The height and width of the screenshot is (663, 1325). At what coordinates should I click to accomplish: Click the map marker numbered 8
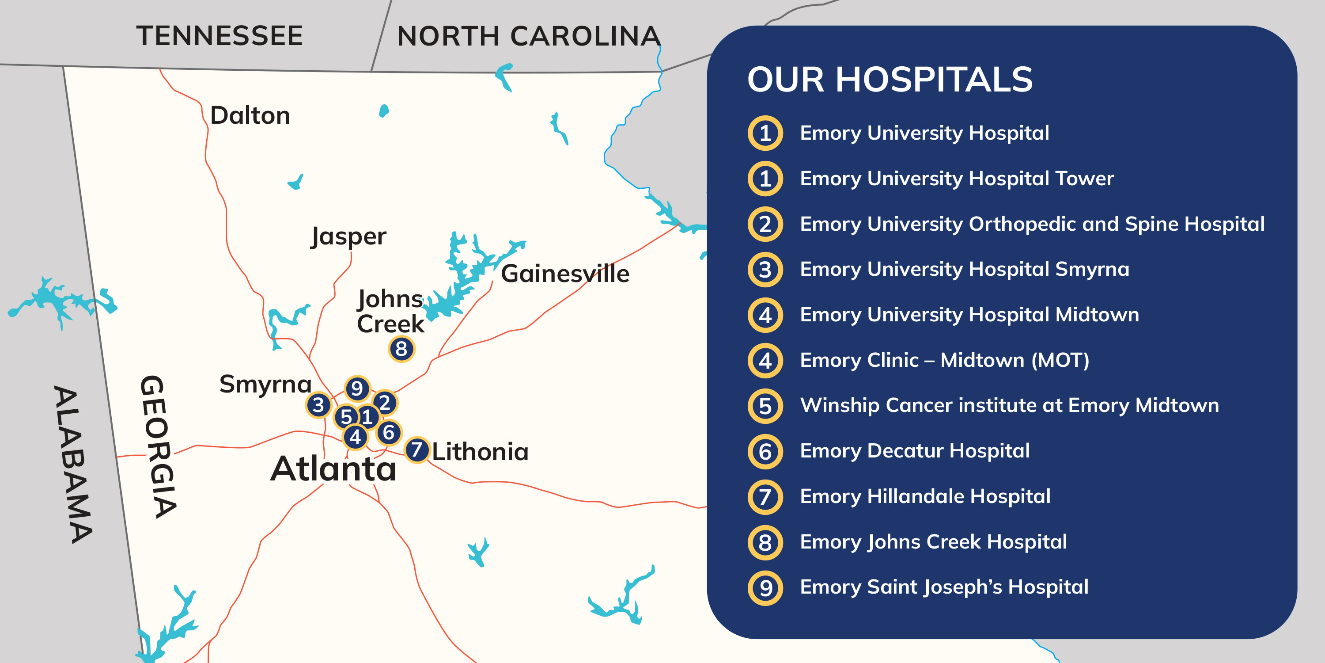point(401,349)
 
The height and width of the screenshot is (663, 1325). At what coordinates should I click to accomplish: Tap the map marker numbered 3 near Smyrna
point(318,405)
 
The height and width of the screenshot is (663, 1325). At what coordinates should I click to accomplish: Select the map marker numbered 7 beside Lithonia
point(416,450)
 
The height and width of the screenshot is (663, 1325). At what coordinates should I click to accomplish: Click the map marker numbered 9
point(357,389)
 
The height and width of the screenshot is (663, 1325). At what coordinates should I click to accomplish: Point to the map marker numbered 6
point(389,432)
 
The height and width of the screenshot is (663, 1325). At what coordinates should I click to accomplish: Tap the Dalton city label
point(250,115)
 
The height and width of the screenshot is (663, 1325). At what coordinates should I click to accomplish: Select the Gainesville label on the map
point(565,273)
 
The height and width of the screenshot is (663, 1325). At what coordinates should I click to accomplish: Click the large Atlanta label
point(333,469)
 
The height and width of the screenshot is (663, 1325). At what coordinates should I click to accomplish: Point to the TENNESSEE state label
point(220,36)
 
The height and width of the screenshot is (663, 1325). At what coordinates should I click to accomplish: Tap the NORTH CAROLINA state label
point(528,37)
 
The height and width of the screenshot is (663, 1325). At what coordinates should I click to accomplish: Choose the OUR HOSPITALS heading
point(890,80)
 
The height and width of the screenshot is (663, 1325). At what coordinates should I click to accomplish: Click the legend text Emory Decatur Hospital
point(915,451)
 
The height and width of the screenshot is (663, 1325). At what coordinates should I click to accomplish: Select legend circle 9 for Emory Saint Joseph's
point(765,588)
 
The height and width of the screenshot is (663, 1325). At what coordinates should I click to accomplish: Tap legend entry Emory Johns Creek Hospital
point(933,542)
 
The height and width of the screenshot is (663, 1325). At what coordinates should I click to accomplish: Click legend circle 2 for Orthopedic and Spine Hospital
point(765,225)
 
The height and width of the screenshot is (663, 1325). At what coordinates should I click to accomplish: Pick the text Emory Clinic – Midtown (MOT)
point(944,360)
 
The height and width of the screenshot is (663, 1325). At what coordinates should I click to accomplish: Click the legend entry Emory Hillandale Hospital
point(925,497)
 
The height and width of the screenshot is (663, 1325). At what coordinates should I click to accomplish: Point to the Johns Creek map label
point(390,312)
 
